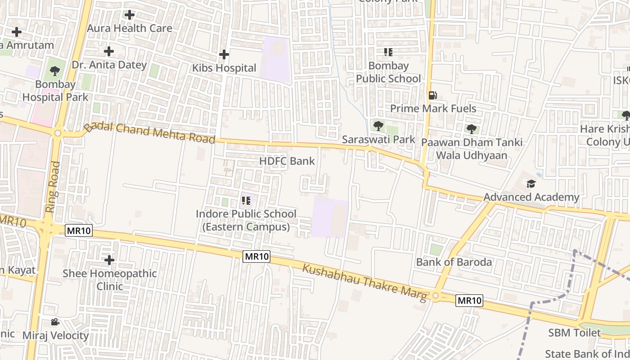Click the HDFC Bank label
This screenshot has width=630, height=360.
pyautogui.click(x=287, y=161)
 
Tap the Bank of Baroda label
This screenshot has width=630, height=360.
pyautogui.click(x=454, y=262)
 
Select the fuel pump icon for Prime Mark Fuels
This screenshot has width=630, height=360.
pyautogui.click(x=432, y=95)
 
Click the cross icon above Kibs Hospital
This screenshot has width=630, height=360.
pyautogui.click(x=224, y=55)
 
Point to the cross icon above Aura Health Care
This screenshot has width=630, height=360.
pyautogui.click(x=130, y=15)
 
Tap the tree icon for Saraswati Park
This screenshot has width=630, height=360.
pyautogui.click(x=378, y=126)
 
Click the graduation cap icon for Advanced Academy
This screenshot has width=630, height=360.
pyautogui.click(x=531, y=184)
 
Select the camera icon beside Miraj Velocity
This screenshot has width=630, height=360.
pyautogui.click(x=55, y=322)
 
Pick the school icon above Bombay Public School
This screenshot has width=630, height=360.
pyautogui.click(x=388, y=52)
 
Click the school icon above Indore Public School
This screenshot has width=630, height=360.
pyautogui.click(x=246, y=200)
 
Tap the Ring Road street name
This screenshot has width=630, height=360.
pyautogui.click(x=53, y=187)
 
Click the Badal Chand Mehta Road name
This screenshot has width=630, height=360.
pyautogui.click(x=150, y=133)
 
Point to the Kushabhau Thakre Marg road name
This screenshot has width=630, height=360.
pyautogui.click(x=364, y=283)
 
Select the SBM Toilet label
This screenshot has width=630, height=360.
pyautogui.click(x=574, y=333)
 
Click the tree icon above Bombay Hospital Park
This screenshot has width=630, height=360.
pyautogui.click(x=55, y=71)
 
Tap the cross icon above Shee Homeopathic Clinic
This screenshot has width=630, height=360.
pyautogui.click(x=109, y=260)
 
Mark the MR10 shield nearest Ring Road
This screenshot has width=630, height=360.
pyautogui.click(x=79, y=231)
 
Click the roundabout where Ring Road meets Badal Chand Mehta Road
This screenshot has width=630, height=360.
pyautogui.click(x=58, y=133)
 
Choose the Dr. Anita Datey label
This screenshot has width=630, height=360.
pyautogui.click(x=109, y=65)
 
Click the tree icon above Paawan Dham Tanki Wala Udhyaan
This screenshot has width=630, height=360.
pyautogui.click(x=472, y=129)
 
